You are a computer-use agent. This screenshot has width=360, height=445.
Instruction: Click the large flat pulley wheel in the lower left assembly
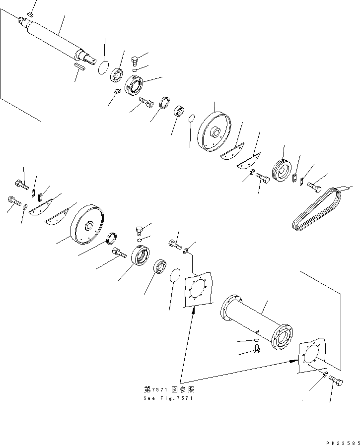pyautogui.click(x=89, y=226)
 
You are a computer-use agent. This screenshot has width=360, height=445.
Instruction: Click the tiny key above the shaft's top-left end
pyautogui.click(x=29, y=16)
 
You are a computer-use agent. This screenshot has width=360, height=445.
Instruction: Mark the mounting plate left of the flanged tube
pyautogui.click(x=199, y=291)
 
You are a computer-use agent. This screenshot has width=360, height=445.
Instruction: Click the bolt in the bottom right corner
pyautogui.click(x=335, y=381)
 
